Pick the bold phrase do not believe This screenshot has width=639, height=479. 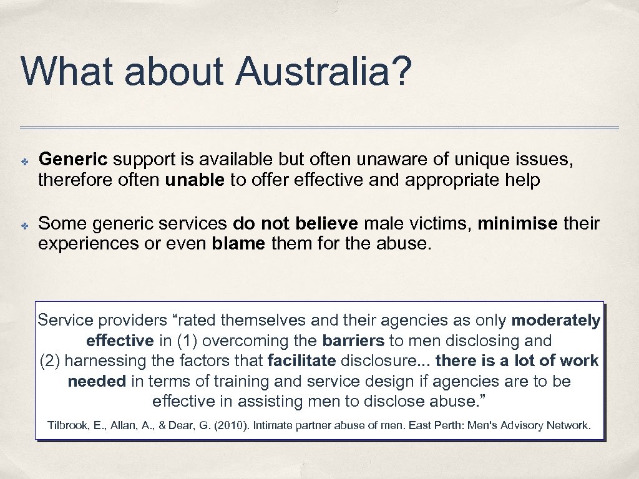point(295,223)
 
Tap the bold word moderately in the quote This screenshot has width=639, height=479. point(555,321)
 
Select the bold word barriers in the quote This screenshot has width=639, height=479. point(353,341)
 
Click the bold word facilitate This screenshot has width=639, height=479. point(301,360)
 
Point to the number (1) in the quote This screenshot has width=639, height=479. point(188,341)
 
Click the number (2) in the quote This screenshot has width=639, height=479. point(51,360)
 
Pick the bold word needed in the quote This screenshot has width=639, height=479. point(97,381)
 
